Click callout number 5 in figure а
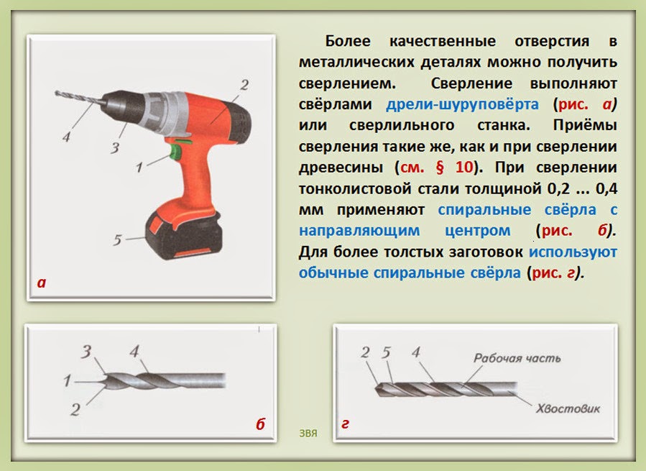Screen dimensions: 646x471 click(x=117, y=239)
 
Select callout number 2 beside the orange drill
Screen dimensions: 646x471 click(x=244, y=85)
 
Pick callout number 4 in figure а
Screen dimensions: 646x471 click(x=66, y=137)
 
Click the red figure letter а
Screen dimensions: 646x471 click(x=42, y=283)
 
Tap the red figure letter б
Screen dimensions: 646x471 click(x=260, y=424)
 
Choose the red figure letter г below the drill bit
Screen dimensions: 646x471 click(x=345, y=424)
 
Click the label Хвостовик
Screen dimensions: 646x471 click(x=568, y=408)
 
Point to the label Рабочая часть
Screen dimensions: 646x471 click(x=517, y=358)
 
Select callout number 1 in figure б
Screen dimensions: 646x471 click(x=67, y=380)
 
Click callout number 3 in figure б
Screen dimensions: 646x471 click(x=86, y=352)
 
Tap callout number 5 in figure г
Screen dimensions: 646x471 click(x=386, y=352)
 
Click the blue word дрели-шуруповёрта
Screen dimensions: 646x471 click(x=462, y=104)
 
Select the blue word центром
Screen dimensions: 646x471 click(x=478, y=230)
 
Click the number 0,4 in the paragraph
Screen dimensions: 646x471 click(x=606, y=188)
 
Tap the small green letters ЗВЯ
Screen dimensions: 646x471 click(x=308, y=434)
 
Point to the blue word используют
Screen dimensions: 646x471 click(x=573, y=252)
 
